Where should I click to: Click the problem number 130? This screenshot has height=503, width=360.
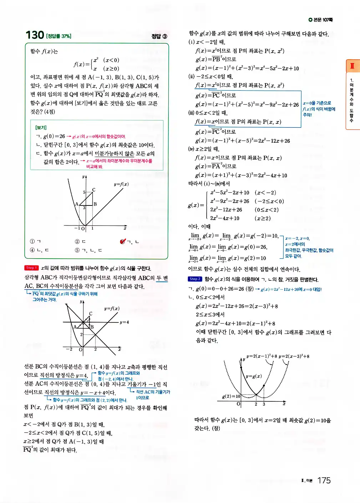(x=35, y=35)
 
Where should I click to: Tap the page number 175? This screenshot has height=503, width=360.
(x=324, y=481)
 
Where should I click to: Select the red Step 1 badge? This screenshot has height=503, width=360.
(x=31, y=268)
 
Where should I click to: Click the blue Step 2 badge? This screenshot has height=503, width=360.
(x=195, y=279)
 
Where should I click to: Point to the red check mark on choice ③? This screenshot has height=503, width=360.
(x=123, y=242)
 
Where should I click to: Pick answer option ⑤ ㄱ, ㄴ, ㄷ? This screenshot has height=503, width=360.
(x=88, y=250)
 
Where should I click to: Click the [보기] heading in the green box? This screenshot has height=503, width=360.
(x=41, y=127)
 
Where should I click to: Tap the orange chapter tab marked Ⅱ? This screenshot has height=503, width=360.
(x=352, y=66)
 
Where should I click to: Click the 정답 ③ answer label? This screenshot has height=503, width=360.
(x=159, y=36)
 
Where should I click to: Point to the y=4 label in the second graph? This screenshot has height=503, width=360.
(x=124, y=322)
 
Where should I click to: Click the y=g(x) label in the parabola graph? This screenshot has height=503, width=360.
(x=254, y=376)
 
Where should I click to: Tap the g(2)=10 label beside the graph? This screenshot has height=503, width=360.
(x=231, y=396)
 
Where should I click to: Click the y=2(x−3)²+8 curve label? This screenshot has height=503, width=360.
(x=294, y=356)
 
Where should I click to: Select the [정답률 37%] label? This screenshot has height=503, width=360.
(x=59, y=36)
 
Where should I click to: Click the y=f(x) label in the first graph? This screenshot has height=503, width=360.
(x=121, y=184)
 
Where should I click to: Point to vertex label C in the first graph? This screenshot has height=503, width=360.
(x=94, y=190)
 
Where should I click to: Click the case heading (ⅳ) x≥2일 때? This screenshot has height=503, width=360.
(x=204, y=149)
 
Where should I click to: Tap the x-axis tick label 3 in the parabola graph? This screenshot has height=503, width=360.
(x=264, y=404)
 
